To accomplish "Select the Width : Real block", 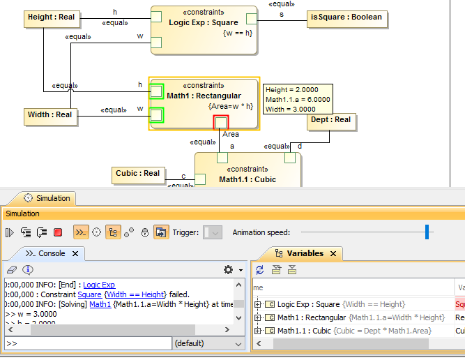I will click(49, 115).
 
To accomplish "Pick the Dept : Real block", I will click(331, 120).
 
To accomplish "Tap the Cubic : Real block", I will click(137, 174).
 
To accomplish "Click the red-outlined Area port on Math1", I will click(220, 123).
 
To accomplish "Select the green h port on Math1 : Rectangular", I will click(158, 90).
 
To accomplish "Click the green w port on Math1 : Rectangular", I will click(158, 115).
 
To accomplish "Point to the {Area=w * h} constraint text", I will click(230, 107).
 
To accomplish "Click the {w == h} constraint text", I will click(238, 34).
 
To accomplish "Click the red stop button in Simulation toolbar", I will click(58, 232).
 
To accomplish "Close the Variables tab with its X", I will click(334, 254).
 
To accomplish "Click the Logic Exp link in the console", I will click(99, 285).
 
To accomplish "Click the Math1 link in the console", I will click(100, 304).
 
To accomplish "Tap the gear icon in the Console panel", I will click(227, 269).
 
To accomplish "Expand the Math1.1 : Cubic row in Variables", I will click(257, 331).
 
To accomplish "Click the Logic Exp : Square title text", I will click(204, 23).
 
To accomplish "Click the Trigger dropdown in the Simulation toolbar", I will click(212, 232).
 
